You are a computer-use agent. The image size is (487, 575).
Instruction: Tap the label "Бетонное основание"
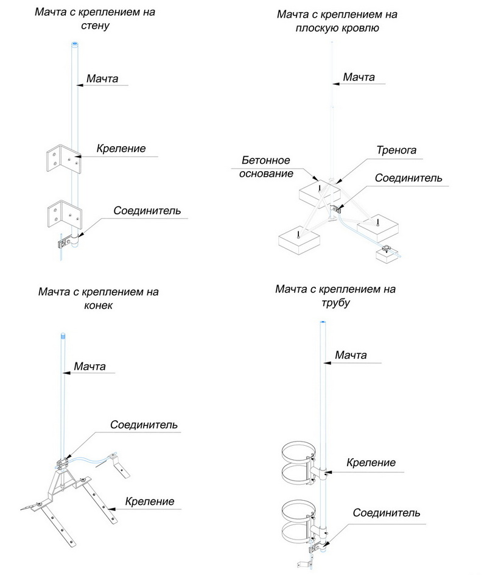click(x=266, y=167)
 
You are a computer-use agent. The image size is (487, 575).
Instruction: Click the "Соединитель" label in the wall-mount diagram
click(x=147, y=211)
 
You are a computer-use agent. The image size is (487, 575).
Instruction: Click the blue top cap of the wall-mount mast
click(x=74, y=44)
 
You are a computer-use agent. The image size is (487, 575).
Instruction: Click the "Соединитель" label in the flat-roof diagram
click(x=408, y=178)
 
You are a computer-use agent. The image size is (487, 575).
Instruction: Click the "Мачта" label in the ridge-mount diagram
click(x=89, y=367)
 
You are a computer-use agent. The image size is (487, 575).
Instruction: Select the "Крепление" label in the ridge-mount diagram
click(x=150, y=502)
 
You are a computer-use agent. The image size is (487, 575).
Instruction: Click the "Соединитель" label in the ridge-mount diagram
click(x=144, y=425)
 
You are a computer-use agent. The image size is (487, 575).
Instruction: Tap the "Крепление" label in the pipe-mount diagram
click(x=371, y=463)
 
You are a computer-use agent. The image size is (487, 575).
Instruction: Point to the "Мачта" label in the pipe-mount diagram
click(x=351, y=355)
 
